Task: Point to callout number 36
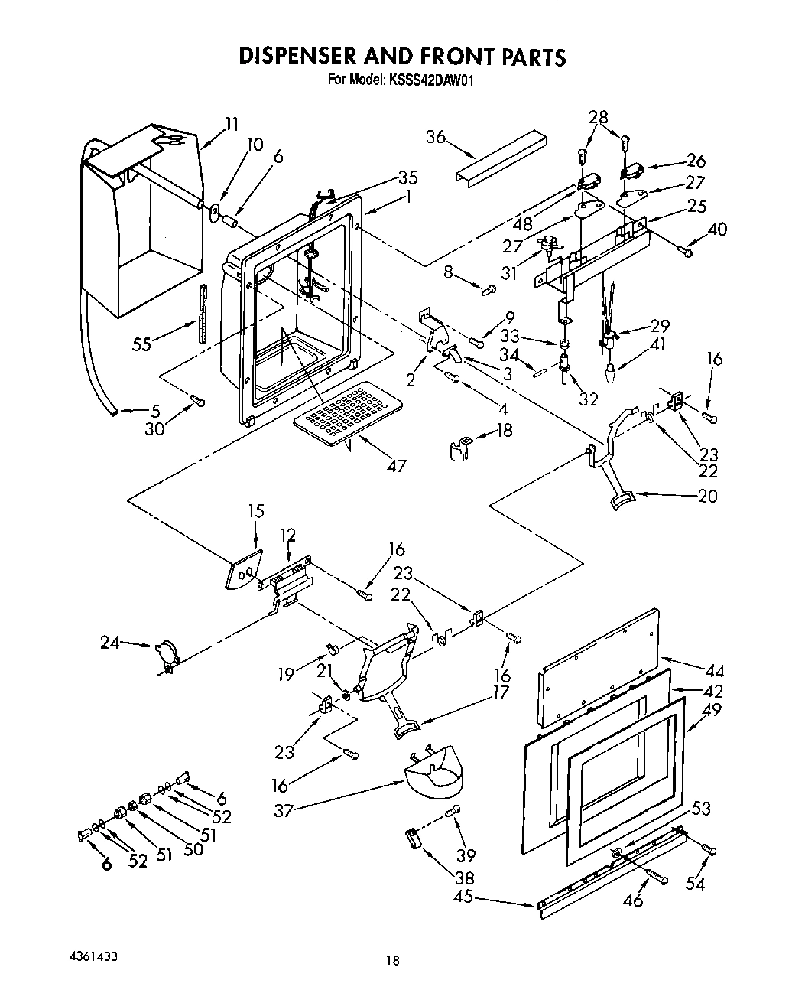(436, 137)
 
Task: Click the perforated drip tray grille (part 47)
(346, 413)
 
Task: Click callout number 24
(111, 643)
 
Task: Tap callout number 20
(708, 496)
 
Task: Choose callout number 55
(141, 344)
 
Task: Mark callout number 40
(717, 229)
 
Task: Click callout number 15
(256, 510)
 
